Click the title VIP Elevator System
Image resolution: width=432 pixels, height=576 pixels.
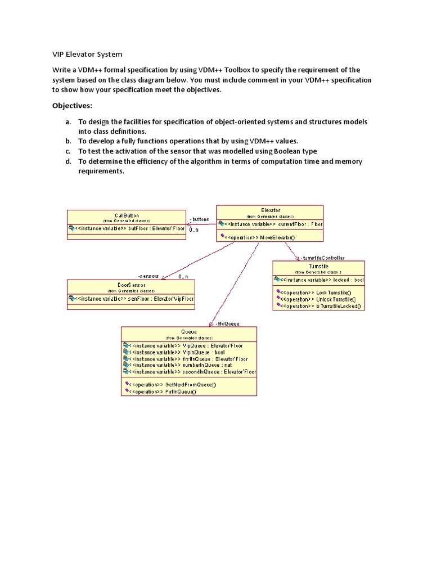pyautogui.click(x=87, y=55)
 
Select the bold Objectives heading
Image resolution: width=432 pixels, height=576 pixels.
pyautogui.click(x=72, y=105)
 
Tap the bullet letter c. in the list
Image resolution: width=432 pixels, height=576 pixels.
pyautogui.click(x=67, y=151)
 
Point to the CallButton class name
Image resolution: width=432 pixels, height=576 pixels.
pyautogui.click(x=127, y=215)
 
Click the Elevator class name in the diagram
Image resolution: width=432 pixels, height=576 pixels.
pyautogui.click(x=270, y=210)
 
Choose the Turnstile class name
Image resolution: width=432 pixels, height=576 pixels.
pyautogui.click(x=318, y=265)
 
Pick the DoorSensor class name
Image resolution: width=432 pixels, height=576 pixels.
pyautogui.click(x=130, y=285)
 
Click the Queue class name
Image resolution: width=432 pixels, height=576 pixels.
pyautogui.click(x=189, y=331)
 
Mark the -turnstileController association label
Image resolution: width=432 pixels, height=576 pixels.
pyautogui.click(x=323, y=257)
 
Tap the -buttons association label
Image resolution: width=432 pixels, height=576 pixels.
pyautogui.click(x=199, y=219)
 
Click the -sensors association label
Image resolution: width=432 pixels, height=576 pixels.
pyautogui.click(x=148, y=276)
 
